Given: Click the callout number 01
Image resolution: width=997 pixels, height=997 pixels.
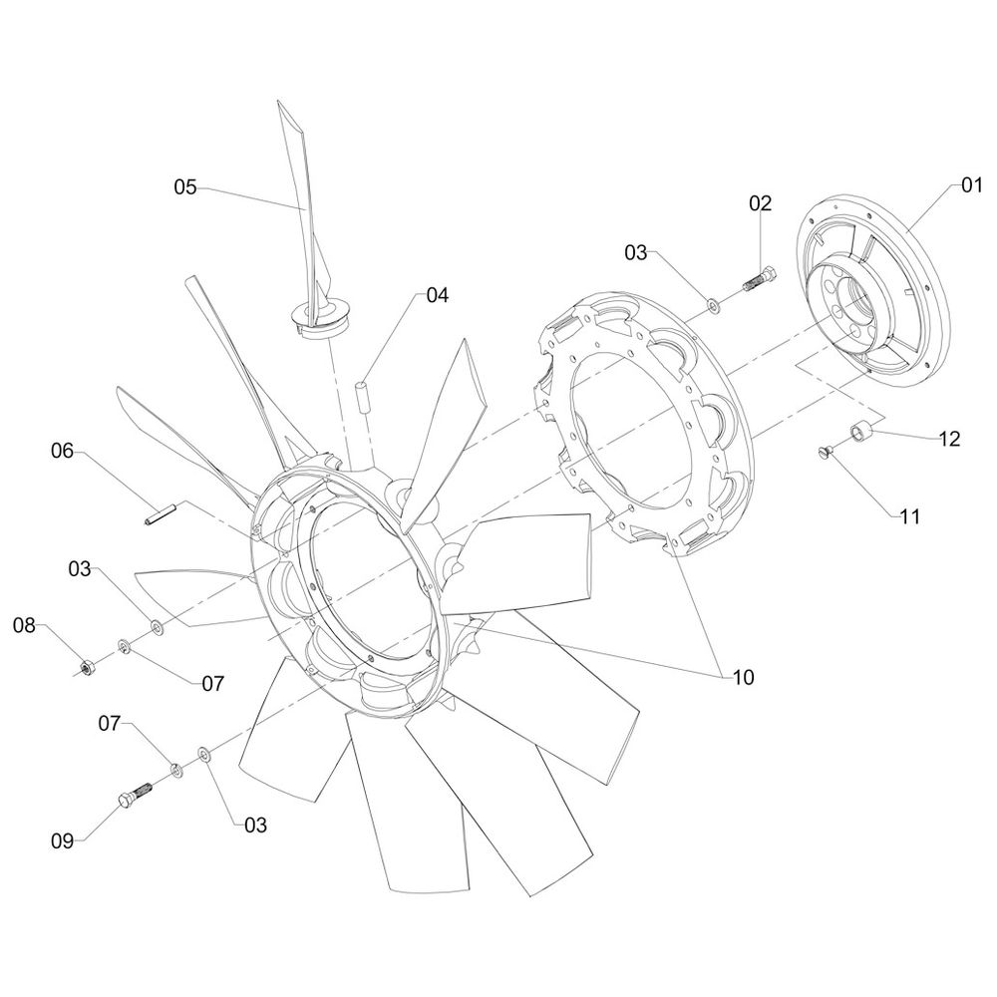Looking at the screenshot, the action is point(971,186).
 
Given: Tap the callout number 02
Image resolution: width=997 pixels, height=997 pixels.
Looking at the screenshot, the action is point(760,202).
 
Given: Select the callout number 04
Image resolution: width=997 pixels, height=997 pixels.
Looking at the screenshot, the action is point(437,295).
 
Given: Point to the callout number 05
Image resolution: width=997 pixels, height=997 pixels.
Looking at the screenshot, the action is point(185,187).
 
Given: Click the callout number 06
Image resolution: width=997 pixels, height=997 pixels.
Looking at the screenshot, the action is point(62,452).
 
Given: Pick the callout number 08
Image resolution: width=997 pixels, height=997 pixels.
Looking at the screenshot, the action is point(24,626).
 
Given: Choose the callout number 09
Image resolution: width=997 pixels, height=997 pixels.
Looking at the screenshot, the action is point(62,841).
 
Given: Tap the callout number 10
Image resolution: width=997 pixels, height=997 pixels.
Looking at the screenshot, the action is point(743,678).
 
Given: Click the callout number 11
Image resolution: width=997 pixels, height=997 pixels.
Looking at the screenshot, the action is point(910,516).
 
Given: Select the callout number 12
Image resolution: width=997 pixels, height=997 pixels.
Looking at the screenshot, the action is point(949,439).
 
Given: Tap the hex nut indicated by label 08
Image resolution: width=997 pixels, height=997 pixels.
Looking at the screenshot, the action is point(87,668).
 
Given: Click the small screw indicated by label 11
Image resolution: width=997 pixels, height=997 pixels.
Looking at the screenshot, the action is point(824,452).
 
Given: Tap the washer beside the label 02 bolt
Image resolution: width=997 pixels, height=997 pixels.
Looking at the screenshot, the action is point(714,304).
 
